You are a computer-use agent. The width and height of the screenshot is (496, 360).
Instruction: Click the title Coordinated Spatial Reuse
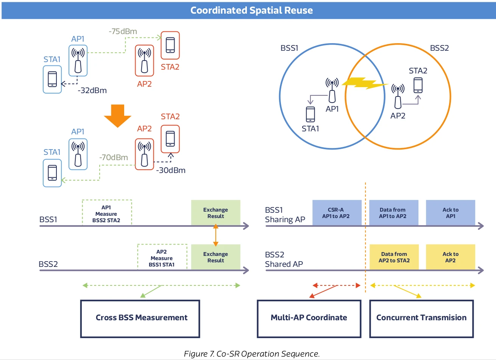[251, 10]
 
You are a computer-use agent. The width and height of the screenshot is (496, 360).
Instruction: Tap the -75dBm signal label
[123, 31]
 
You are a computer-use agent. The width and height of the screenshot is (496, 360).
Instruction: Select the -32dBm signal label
[92, 90]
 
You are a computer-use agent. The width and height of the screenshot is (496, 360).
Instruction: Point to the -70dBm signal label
[114, 157]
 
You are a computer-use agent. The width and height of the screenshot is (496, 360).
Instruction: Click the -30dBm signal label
[171, 170]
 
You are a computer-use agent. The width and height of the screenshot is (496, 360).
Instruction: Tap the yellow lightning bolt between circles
[365, 83]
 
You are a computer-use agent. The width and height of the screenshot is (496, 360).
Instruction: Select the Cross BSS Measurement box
[140, 318]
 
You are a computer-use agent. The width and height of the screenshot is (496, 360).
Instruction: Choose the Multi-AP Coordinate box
[309, 318]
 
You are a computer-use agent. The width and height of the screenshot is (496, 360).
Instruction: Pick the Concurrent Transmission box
[421, 318]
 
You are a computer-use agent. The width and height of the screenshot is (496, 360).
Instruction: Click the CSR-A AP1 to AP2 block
[336, 213]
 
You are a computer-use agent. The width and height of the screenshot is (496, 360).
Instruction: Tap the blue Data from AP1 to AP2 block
[393, 213]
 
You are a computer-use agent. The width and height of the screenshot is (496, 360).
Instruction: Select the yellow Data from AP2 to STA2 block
[394, 257]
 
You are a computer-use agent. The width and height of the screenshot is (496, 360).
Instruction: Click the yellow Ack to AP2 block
[451, 257]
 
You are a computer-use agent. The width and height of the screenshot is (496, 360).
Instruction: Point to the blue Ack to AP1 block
[451, 213]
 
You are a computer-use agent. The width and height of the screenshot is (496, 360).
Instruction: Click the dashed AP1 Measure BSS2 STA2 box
[107, 214]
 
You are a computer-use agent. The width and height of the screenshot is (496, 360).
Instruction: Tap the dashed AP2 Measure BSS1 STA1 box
[162, 258]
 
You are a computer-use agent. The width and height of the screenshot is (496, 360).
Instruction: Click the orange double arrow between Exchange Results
[215, 235]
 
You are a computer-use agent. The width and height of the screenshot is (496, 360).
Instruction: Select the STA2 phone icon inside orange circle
[418, 85]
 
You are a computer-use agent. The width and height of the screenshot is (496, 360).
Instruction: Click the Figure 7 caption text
[252, 354]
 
